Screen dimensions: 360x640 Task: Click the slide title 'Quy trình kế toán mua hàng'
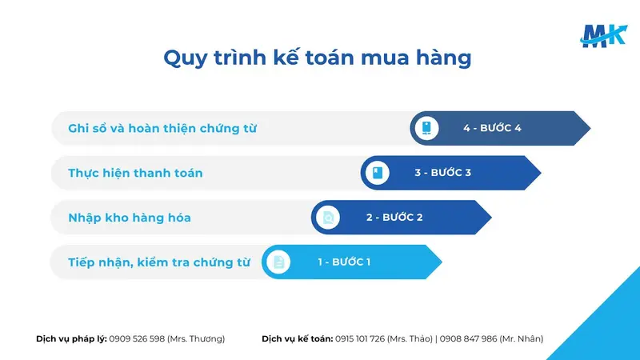click(x=318, y=58)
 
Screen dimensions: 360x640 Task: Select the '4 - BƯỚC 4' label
click(x=492, y=128)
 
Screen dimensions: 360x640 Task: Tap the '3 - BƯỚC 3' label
click(x=442, y=173)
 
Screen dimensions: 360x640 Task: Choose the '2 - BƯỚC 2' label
click(x=394, y=217)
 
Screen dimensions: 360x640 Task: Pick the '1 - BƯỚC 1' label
click(x=343, y=262)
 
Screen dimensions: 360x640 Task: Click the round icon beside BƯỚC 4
click(x=427, y=128)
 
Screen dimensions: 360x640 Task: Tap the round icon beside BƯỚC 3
click(x=378, y=173)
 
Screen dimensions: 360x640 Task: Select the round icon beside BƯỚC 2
click(x=328, y=217)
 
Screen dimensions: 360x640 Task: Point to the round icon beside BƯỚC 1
click(x=278, y=262)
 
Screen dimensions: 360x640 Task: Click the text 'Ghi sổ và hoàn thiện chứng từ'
click(x=162, y=128)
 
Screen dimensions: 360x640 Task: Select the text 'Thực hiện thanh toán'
click(x=135, y=173)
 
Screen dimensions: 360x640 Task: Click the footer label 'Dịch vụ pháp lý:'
click(x=71, y=338)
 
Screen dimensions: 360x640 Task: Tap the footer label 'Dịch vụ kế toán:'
click(x=297, y=338)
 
